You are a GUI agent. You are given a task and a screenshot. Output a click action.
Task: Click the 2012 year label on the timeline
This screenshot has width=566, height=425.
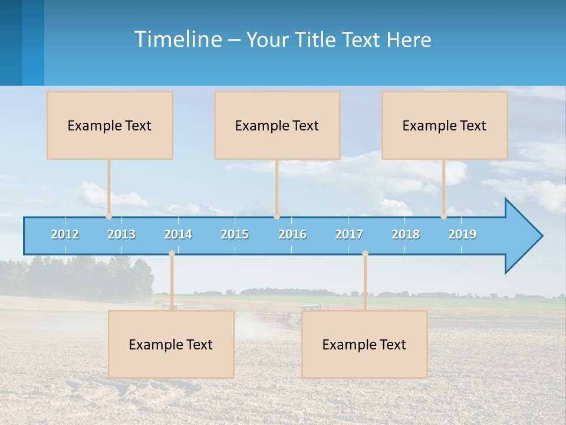65,234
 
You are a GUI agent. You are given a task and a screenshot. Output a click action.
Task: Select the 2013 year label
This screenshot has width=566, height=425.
121,234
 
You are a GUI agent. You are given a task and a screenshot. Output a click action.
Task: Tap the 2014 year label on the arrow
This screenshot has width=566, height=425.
178,234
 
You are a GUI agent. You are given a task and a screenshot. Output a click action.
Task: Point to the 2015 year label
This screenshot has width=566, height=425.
235,234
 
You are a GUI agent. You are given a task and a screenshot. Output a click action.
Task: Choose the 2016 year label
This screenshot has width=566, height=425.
292,234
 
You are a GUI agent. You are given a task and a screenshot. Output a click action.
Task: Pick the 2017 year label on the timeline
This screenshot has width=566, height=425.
349,234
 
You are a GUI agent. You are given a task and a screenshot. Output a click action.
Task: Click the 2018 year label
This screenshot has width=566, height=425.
406,234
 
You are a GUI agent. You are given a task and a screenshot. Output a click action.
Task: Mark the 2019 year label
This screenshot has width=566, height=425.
462,234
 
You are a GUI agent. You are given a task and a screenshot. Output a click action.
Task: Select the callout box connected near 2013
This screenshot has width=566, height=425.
110,125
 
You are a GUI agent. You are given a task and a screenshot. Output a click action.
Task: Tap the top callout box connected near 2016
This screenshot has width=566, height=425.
277,125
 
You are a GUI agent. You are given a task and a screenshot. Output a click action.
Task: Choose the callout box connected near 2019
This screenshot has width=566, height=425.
445,125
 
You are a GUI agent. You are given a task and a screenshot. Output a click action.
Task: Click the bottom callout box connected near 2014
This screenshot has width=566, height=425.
171,344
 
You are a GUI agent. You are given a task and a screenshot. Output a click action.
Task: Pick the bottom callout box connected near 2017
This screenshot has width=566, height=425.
364,344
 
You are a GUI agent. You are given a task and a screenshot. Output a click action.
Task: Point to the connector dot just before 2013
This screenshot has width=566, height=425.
108,217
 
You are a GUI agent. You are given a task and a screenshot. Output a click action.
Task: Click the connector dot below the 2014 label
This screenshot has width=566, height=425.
172,254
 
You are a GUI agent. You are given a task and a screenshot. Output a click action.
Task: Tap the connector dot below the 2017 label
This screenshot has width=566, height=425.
365,254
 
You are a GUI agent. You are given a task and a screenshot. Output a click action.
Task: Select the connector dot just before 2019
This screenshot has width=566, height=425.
443,217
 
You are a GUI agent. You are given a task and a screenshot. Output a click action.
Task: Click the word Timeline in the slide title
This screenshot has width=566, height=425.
177,39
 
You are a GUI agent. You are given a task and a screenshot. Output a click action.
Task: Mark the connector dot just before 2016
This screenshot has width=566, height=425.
277,217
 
